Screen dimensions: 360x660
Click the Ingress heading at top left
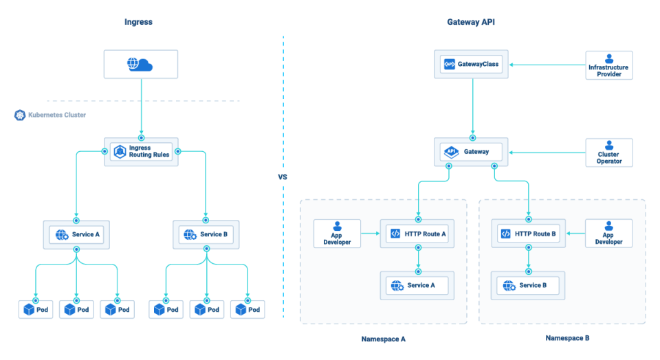(138, 22)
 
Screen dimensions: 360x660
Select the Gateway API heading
(471, 22)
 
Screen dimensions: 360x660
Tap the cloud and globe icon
(140, 65)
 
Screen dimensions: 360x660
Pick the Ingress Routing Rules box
(141, 151)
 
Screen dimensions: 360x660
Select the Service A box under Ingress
(76, 234)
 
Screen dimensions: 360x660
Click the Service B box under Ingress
(206, 234)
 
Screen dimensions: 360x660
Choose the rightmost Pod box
(247, 309)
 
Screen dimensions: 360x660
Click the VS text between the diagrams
(283, 177)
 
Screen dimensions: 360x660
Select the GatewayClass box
(472, 65)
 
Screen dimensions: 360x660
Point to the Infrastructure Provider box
(608, 65)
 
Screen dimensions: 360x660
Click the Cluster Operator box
(608, 152)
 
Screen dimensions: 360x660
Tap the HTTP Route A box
(417, 234)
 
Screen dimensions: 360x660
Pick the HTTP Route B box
(528, 234)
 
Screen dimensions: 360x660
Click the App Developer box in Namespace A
(338, 234)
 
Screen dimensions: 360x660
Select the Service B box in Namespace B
(527, 285)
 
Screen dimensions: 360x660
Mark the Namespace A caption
(383, 339)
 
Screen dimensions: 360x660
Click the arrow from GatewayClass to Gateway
(472, 106)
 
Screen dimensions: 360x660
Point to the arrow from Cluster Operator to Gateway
(547, 152)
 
